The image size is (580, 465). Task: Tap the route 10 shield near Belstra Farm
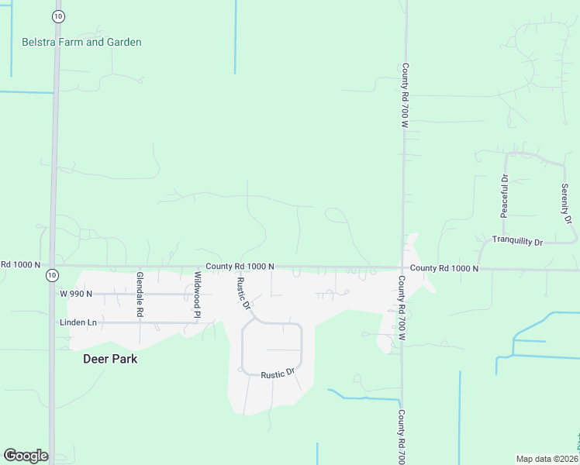click(58, 15)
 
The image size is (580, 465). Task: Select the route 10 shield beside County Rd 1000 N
click(51, 275)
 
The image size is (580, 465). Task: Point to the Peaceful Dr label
click(504, 195)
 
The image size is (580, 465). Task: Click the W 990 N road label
click(76, 294)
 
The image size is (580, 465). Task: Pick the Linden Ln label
click(75, 322)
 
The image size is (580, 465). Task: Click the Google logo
click(26, 456)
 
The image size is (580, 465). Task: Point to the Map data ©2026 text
click(547, 459)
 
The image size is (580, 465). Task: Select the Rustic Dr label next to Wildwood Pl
click(243, 293)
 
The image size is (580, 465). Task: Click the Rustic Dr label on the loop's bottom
click(278, 374)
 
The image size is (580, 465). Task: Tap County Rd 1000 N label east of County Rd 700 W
click(444, 268)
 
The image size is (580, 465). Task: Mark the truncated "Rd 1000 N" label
click(20, 264)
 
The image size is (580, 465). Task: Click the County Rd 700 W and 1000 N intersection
click(402, 268)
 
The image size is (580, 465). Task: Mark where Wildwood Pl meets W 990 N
click(193, 294)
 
